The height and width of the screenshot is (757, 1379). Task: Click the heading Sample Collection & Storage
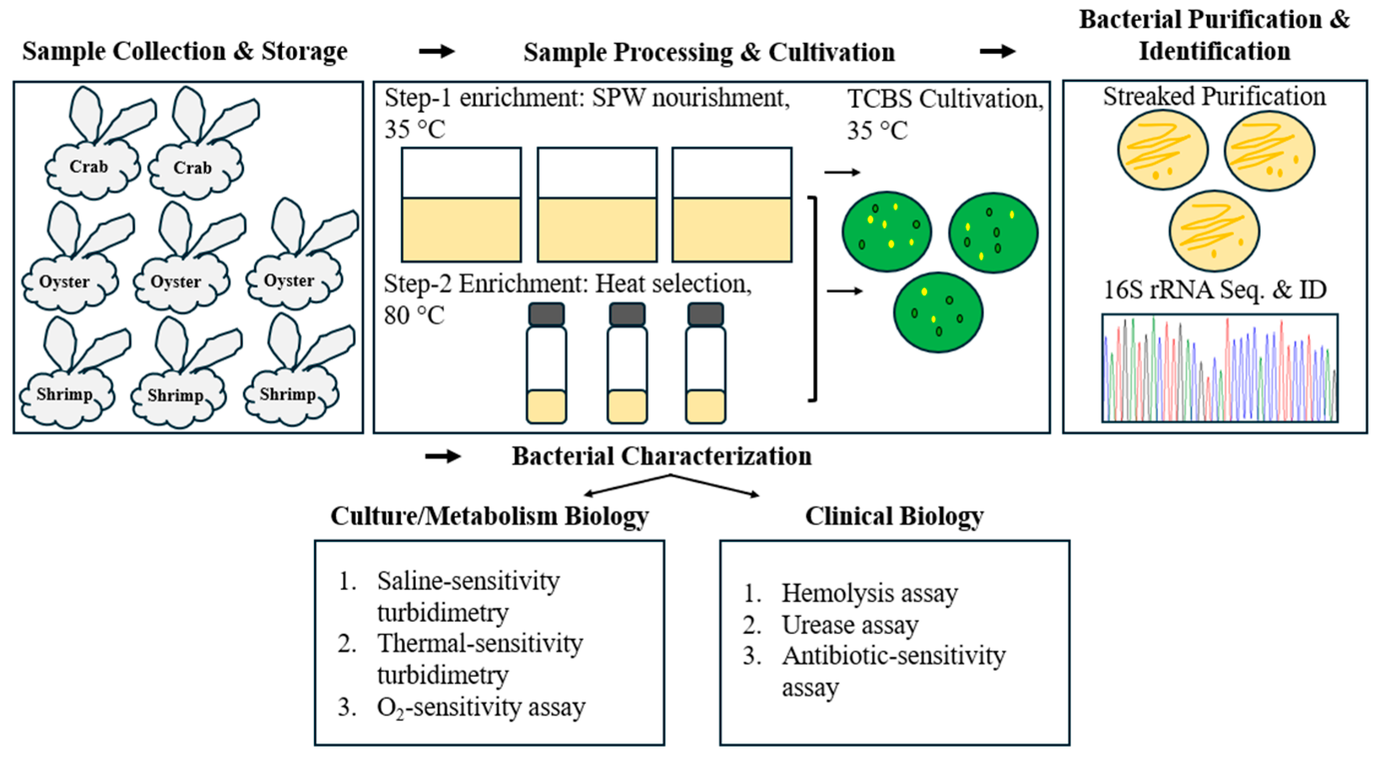pos(185,52)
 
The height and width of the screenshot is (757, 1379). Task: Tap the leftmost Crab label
pos(89,167)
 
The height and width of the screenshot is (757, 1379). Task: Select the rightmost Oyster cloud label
pos(289,280)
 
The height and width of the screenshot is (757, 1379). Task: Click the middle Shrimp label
pos(176,395)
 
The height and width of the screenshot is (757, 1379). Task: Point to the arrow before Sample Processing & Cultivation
pos(436,51)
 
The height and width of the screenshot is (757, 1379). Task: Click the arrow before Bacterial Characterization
pos(443,457)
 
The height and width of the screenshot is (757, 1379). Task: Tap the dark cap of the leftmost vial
pos(546,315)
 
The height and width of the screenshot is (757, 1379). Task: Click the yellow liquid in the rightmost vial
pos(706,406)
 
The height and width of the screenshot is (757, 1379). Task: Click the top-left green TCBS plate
pos(886,232)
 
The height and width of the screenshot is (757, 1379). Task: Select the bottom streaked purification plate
pos(1214,231)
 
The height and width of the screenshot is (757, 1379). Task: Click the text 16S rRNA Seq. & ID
pos(1215,290)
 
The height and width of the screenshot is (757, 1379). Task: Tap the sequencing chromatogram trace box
pos(1219,368)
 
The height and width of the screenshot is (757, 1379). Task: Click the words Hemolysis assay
pos(869,593)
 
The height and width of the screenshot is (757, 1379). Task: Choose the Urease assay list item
pos(849,625)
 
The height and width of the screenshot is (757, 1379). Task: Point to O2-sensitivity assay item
pos(481,707)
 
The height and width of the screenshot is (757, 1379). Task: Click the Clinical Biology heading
pos(894,516)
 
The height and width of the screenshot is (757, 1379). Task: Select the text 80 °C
pos(414,315)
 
